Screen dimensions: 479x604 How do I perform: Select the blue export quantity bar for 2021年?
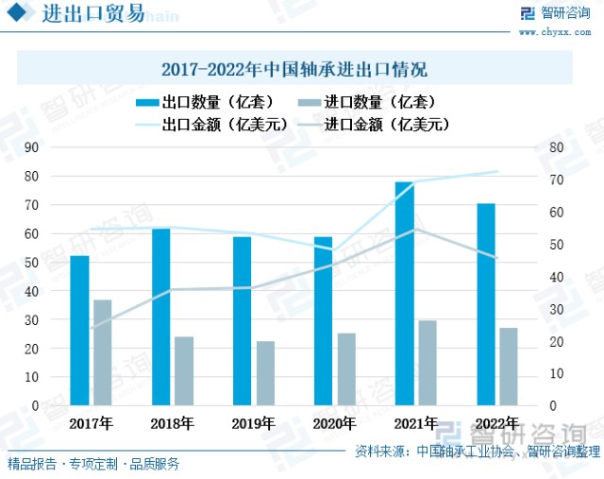[404, 293]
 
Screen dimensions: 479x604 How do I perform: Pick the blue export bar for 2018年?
[161, 316]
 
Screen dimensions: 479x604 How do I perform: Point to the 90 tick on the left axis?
[31, 147]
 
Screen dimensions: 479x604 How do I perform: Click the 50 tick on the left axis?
[31, 263]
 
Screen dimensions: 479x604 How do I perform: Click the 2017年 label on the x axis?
[91, 423]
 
